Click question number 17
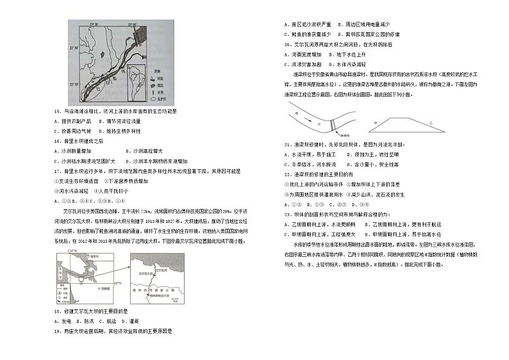60,172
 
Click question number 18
60,311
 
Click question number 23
288,214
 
